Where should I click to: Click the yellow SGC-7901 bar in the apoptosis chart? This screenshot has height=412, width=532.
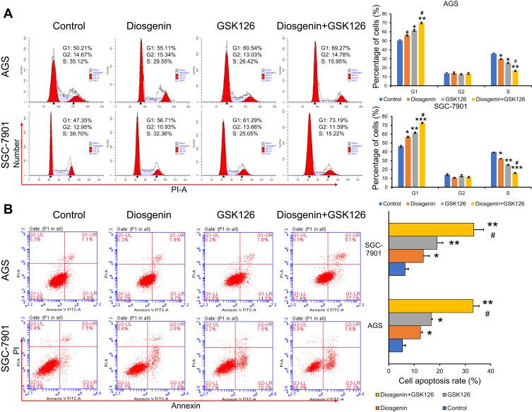coord(431,229)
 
